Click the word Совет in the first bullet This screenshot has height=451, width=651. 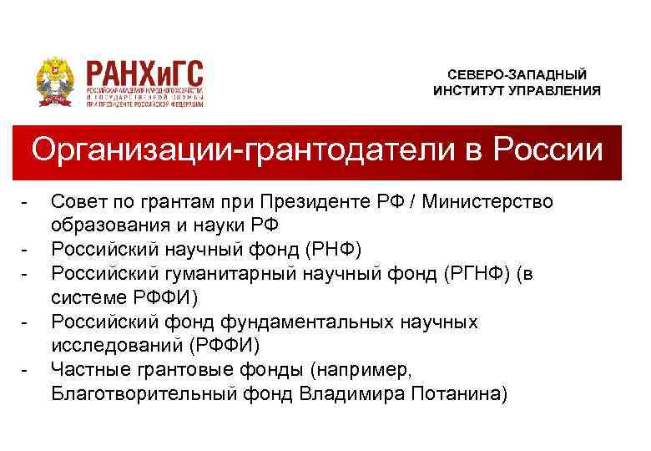76,202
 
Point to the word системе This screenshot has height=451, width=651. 86,296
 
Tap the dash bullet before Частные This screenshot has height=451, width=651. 28,368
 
